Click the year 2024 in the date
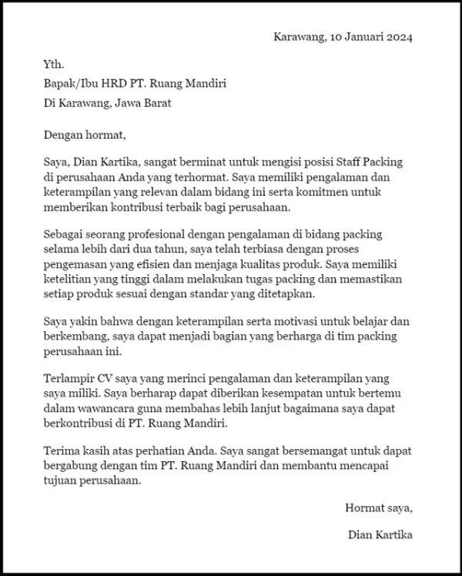point(400,37)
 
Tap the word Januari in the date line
point(360,37)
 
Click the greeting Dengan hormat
point(85,136)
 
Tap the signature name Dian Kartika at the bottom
point(380,534)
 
